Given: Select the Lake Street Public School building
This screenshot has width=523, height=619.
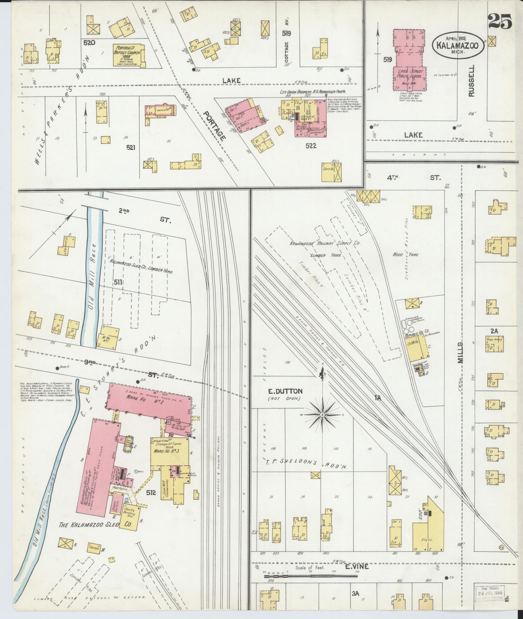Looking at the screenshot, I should click(410, 61).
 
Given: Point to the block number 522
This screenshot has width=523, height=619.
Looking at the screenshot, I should click(311, 146).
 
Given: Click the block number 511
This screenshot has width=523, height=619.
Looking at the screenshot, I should click(118, 282).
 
